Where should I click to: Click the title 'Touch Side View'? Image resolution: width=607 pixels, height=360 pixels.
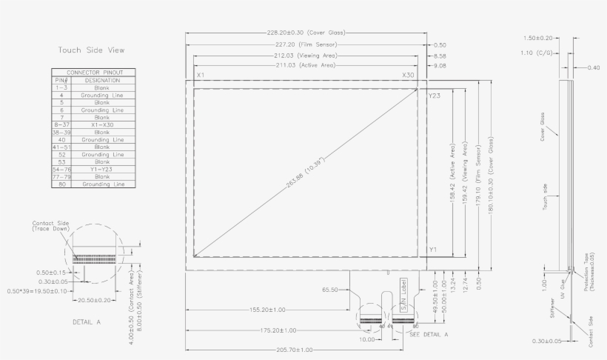click(x=91, y=50)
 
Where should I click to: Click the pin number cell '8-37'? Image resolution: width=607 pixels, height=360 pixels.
click(x=61, y=124)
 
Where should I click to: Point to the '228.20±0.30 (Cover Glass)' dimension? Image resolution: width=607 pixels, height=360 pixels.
click(x=306, y=33)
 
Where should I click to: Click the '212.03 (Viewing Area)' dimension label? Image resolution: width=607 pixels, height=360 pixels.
click(x=305, y=55)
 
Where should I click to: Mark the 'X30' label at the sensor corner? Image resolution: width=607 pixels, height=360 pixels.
click(x=408, y=76)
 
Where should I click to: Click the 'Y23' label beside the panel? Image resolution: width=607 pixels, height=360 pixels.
click(x=435, y=96)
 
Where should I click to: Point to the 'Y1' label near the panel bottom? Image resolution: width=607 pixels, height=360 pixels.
click(x=433, y=250)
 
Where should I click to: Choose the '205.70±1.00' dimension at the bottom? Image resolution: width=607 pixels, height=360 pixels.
click(x=293, y=350)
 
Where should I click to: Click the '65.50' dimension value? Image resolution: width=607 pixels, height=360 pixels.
click(x=331, y=290)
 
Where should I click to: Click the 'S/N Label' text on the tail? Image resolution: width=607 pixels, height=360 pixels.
click(x=403, y=294)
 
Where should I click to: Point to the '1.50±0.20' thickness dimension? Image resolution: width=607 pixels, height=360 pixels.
click(x=538, y=38)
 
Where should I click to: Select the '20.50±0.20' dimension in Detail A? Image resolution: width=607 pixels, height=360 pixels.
click(x=95, y=300)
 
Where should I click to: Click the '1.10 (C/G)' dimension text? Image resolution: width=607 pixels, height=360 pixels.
click(x=537, y=53)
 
